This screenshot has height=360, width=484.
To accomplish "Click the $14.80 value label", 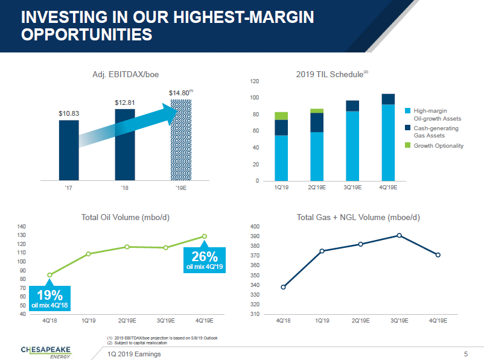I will coord(179,93).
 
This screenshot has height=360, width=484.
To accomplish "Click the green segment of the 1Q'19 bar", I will coord(281,116).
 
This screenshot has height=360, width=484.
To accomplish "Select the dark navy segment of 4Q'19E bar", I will coord(388,99).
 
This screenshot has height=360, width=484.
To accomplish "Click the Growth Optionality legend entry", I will coord(438,145).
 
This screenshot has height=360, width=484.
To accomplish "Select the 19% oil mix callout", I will coord(49,298).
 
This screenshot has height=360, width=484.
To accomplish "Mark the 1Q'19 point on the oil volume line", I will coord(89,254).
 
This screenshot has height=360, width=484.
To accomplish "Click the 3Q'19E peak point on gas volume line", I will coord(399,235).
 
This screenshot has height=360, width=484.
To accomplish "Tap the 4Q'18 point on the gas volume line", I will coord(283,287).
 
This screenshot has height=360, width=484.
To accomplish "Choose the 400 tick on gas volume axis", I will coord(255,227).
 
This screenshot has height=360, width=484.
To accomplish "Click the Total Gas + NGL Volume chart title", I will coord(358,217).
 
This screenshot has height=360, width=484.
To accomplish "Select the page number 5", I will coord(466,353).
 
